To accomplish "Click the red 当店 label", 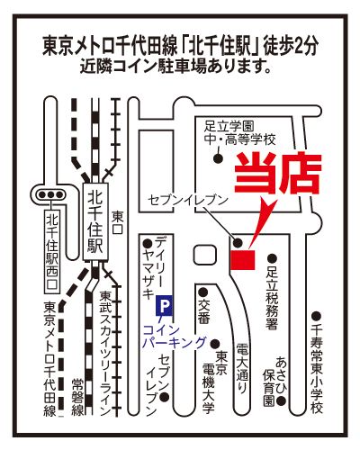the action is coord(278,173).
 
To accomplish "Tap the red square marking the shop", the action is coord(243,260).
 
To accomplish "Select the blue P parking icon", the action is coord(164,306).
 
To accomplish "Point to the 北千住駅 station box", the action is coord(95,221).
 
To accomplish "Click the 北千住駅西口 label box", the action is coord(52,251).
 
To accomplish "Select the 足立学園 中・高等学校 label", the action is coord(240,133).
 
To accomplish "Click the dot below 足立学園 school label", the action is coord(218,158).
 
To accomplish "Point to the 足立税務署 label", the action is coord(272,298).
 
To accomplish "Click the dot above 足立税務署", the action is coord(272,258).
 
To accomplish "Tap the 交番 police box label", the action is coord(203,311).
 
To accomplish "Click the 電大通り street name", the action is coord(242,368).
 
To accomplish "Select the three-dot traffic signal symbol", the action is coord(50,194).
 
